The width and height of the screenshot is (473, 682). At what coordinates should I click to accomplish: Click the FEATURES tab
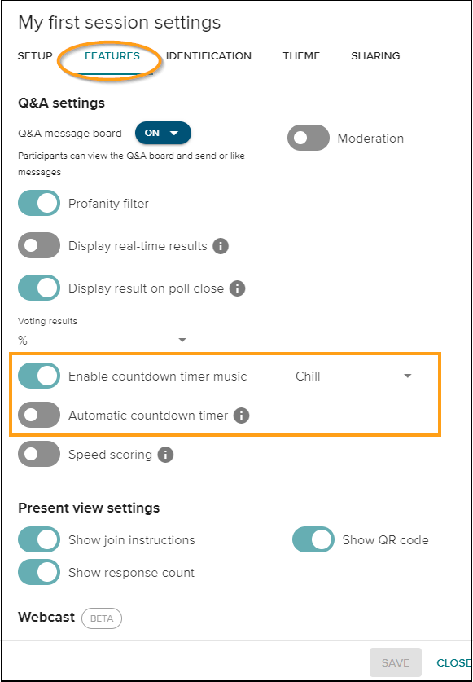click(x=112, y=56)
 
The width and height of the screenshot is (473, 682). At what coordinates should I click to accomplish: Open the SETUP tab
click(x=35, y=56)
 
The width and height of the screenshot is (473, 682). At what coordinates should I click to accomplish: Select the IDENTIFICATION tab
click(x=208, y=56)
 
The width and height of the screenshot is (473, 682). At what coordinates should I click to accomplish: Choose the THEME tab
click(x=301, y=56)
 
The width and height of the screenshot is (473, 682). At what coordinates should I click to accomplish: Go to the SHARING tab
click(x=375, y=56)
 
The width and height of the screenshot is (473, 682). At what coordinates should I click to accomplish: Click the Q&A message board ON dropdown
click(x=163, y=133)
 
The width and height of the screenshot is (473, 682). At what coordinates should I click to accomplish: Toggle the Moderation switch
click(x=309, y=139)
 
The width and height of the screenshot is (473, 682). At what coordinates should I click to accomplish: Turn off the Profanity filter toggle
click(x=39, y=204)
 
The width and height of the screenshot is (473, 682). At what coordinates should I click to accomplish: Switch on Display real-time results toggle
click(x=39, y=246)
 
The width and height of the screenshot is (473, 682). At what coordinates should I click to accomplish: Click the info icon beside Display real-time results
click(x=221, y=246)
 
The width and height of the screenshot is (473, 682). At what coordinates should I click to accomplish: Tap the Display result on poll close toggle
click(x=39, y=288)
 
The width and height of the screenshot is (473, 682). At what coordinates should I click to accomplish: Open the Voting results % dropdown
click(x=103, y=340)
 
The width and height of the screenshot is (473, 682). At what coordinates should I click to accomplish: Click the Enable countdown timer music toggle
click(x=39, y=376)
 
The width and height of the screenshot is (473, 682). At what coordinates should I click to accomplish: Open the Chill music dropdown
click(x=356, y=376)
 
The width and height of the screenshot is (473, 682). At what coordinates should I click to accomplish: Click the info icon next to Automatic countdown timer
click(x=241, y=416)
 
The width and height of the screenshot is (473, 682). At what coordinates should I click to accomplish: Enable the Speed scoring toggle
click(x=39, y=455)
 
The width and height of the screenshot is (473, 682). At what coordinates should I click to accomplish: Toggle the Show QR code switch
click(x=313, y=540)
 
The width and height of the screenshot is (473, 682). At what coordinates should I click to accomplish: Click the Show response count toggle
click(x=39, y=573)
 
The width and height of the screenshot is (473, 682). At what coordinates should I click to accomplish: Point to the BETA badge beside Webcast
click(x=102, y=618)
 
